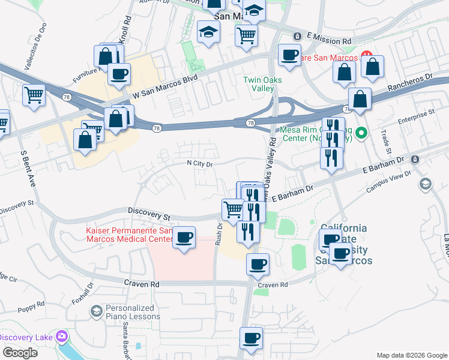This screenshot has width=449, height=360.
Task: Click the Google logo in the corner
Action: click(x=20, y=353)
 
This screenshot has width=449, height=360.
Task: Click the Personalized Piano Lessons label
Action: click(x=133, y=312)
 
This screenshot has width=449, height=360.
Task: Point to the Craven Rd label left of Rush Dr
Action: click(x=141, y=283)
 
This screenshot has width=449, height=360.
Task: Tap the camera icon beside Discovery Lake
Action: click(x=61, y=337)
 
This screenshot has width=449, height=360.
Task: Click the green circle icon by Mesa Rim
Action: click(x=361, y=133)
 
